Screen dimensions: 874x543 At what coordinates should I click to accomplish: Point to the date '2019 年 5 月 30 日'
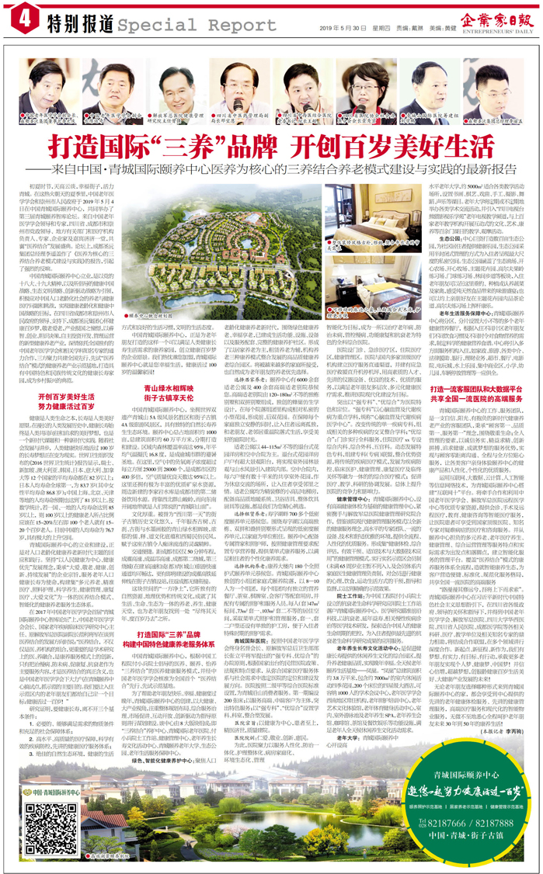coord(338,25)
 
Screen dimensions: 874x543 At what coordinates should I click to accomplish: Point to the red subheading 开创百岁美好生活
coord(67,400)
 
